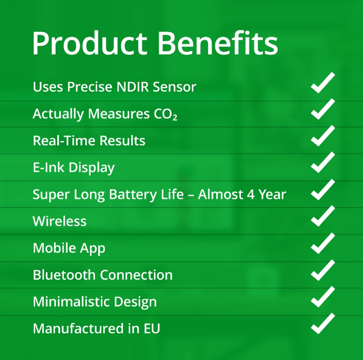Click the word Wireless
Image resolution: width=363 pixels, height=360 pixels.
[x=59, y=221]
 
